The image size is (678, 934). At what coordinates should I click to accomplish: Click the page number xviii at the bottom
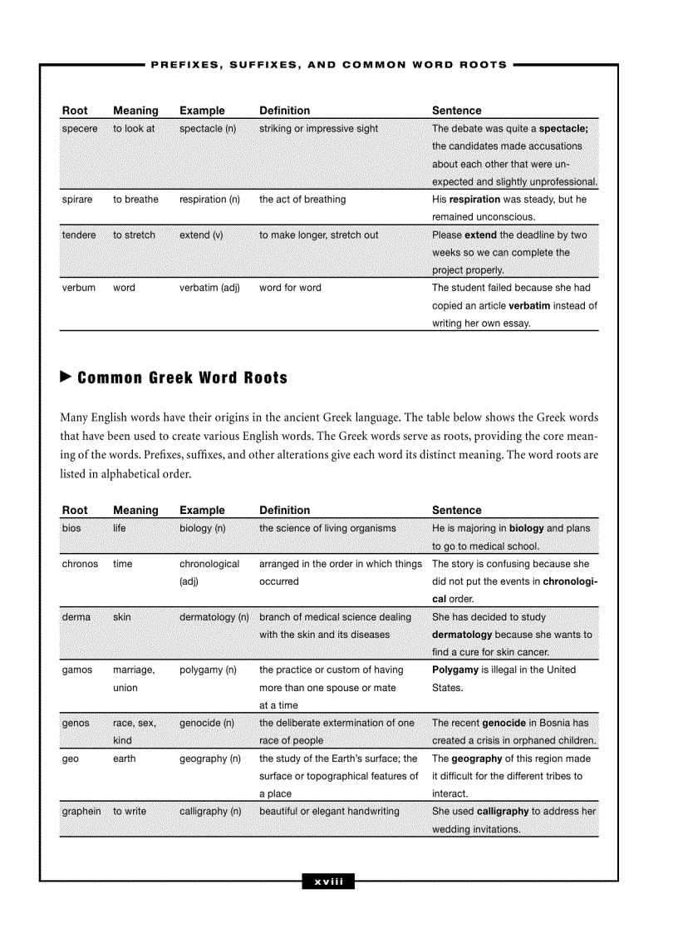pyautogui.click(x=328, y=882)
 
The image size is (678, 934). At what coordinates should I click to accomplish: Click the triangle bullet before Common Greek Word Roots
pyautogui.click(x=66, y=378)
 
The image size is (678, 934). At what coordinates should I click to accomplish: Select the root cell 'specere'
pyautogui.click(x=80, y=129)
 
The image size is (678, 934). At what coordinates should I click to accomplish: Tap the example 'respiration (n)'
pyautogui.click(x=209, y=200)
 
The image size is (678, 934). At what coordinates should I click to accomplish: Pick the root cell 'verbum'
pyautogui.click(x=79, y=288)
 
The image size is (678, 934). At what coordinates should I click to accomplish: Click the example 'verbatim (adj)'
pyautogui.click(x=209, y=288)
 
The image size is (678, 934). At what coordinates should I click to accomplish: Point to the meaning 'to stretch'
pyautogui.click(x=134, y=235)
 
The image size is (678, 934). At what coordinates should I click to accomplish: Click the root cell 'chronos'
pyautogui.click(x=80, y=564)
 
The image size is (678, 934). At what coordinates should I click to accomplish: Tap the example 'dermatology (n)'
pyautogui.click(x=214, y=617)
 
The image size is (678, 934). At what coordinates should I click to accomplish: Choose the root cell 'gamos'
pyautogui.click(x=77, y=670)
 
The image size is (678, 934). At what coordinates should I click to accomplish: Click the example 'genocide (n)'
pyautogui.click(x=206, y=724)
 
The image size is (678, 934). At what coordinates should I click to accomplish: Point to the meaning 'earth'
pyautogui.click(x=124, y=759)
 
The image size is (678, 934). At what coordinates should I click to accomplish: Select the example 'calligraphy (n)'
pyautogui.click(x=210, y=812)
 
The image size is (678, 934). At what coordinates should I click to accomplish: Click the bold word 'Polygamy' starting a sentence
pyautogui.click(x=455, y=670)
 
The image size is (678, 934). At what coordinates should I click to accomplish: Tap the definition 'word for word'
pyautogui.click(x=290, y=288)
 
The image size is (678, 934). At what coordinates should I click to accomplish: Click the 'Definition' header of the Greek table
pyautogui.click(x=284, y=511)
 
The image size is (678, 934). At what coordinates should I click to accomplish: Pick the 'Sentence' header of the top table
pyautogui.click(x=456, y=111)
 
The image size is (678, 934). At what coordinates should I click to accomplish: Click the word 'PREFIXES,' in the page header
pyautogui.click(x=185, y=64)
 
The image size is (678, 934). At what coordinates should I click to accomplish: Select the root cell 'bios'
pyautogui.click(x=71, y=528)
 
